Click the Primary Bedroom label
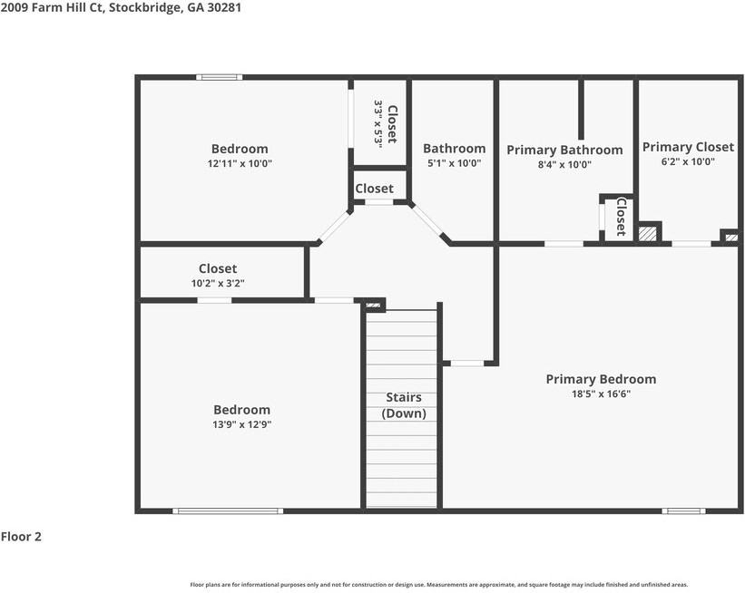pyautogui.click(x=600, y=379)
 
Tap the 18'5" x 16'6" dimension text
pyautogui.click(x=600, y=394)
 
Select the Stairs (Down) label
pyautogui.click(x=403, y=405)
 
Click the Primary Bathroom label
pyautogui.click(x=564, y=150)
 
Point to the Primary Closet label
pyautogui.click(x=688, y=147)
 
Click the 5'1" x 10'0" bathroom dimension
pyautogui.click(x=454, y=163)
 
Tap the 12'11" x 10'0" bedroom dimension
pyautogui.click(x=240, y=163)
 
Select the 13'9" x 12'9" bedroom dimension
pyautogui.click(x=241, y=424)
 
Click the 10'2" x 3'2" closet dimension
pyautogui.click(x=218, y=283)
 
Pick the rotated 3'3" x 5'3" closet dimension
pyautogui.click(x=377, y=123)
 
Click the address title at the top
pyautogui.click(x=121, y=7)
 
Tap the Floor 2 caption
pyautogui.click(x=21, y=537)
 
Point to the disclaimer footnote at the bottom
pyautogui.click(x=438, y=585)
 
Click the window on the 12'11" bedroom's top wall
pyautogui.click(x=220, y=77)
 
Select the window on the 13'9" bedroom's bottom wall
pyautogui.click(x=228, y=511)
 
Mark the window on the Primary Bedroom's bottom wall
pyautogui.click(x=683, y=511)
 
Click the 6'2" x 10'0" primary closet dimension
pyautogui.click(x=688, y=161)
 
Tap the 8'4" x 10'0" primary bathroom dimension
pyautogui.click(x=564, y=164)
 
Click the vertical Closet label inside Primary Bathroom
pyautogui.click(x=621, y=216)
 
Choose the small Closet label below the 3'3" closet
pyautogui.click(x=374, y=189)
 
